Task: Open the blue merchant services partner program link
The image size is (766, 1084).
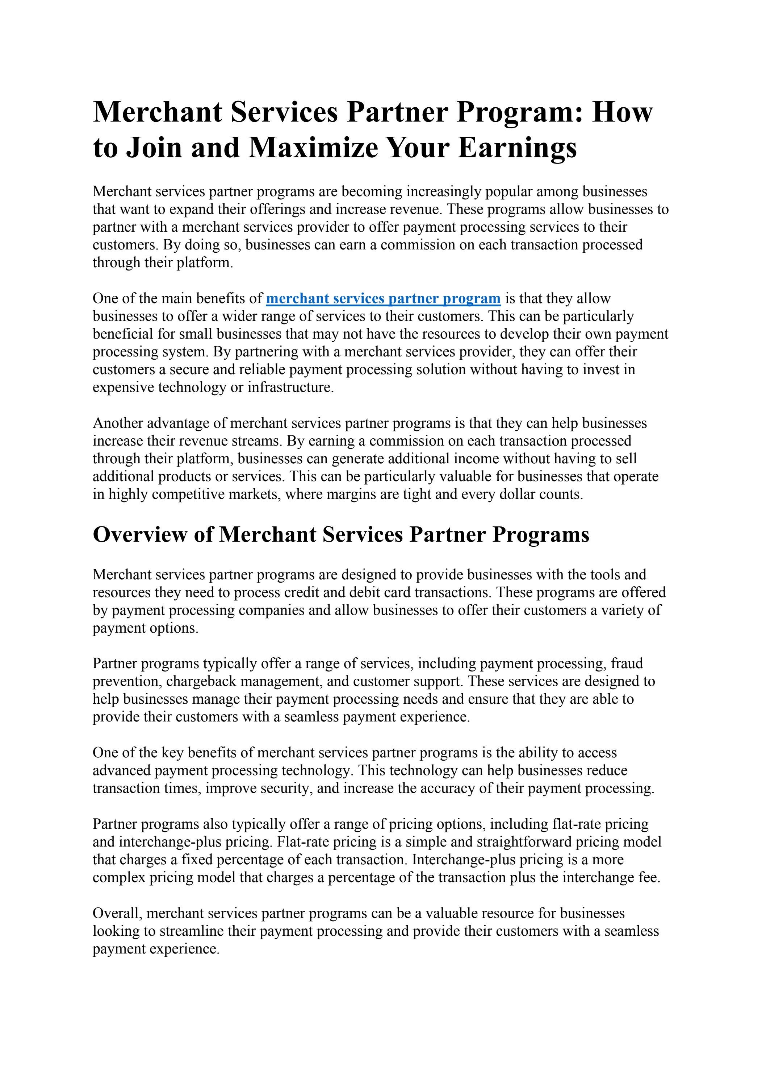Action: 383,298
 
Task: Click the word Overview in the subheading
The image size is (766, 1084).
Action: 139,534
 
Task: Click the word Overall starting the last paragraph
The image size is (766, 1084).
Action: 117,913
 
